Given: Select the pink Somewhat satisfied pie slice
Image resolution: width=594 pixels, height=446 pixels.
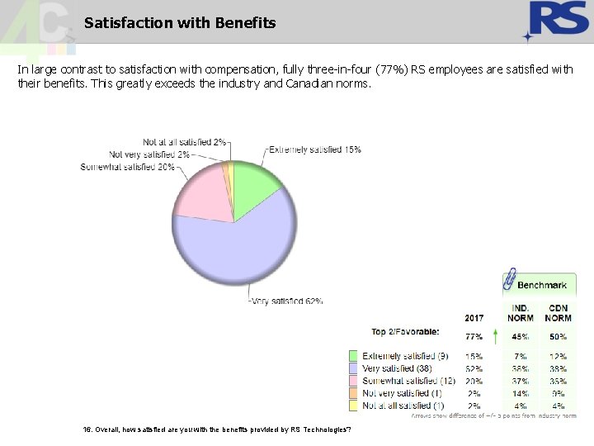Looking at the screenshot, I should coord(201,195).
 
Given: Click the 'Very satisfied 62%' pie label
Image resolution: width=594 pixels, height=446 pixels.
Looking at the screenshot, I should coord(287,301).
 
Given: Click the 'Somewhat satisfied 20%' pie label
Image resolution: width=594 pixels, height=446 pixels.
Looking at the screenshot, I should coord(127,167).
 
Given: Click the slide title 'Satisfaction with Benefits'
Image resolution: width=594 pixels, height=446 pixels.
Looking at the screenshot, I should coord(180,23).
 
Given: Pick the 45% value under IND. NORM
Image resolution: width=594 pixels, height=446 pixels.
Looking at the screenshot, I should coord(520,337).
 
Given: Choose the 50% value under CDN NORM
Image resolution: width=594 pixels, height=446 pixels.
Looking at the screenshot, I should coord(558,337).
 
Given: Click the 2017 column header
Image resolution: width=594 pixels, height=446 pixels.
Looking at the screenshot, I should coord(474,318).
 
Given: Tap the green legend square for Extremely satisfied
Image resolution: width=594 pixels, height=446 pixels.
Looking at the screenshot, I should coord(353,356).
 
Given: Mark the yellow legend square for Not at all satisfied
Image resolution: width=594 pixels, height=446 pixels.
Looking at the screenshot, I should coord(353,406).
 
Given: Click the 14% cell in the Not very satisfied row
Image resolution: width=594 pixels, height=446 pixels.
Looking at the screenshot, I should coord(520,394).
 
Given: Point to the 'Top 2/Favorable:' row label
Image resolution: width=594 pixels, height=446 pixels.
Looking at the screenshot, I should coord(405,332).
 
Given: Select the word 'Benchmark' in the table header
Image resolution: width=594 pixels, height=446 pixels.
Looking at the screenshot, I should coord(542,285).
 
